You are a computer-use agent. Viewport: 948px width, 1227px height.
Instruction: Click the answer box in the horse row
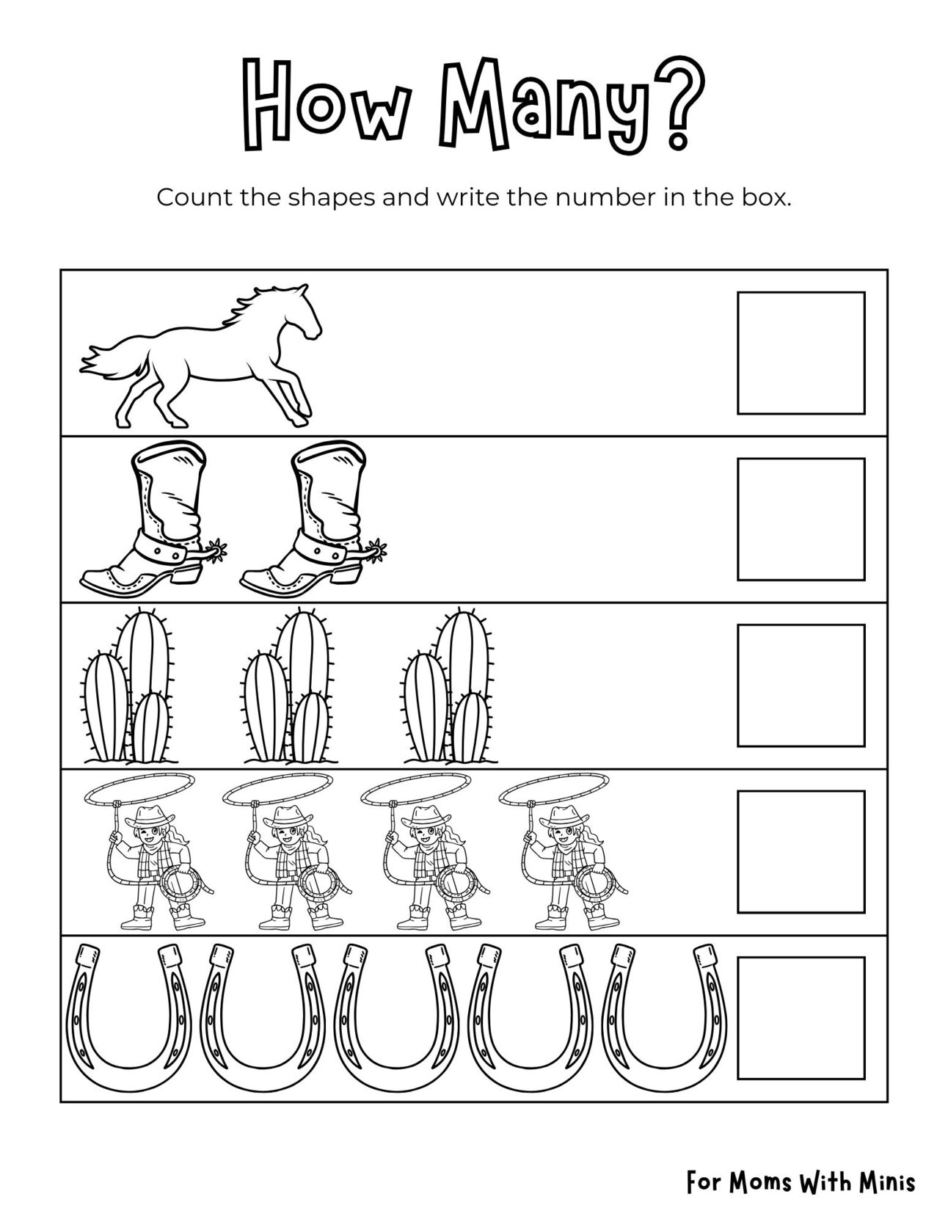801,353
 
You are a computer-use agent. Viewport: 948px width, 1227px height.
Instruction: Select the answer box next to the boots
801,519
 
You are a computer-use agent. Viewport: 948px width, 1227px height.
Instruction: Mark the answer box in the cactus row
801,685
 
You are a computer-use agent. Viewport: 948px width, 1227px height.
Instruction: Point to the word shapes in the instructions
334,198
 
